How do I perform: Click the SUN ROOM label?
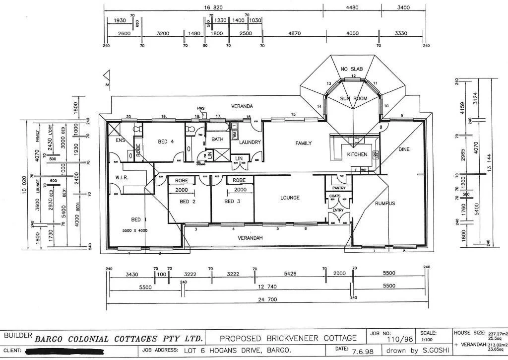pyautogui.click(x=353, y=99)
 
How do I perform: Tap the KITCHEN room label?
pyautogui.click(x=357, y=154)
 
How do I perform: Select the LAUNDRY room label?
pyautogui.click(x=250, y=143)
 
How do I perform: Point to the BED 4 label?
pyautogui.click(x=165, y=142)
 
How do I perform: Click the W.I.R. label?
pyautogui.click(x=123, y=177)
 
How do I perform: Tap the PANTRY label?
pyautogui.click(x=339, y=188)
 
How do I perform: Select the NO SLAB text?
pyautogui.click(x=352, y=69)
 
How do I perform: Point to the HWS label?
pyautogui.click(x=200, y=108)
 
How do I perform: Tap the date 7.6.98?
pyautogui.click(x=359, y=350)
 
